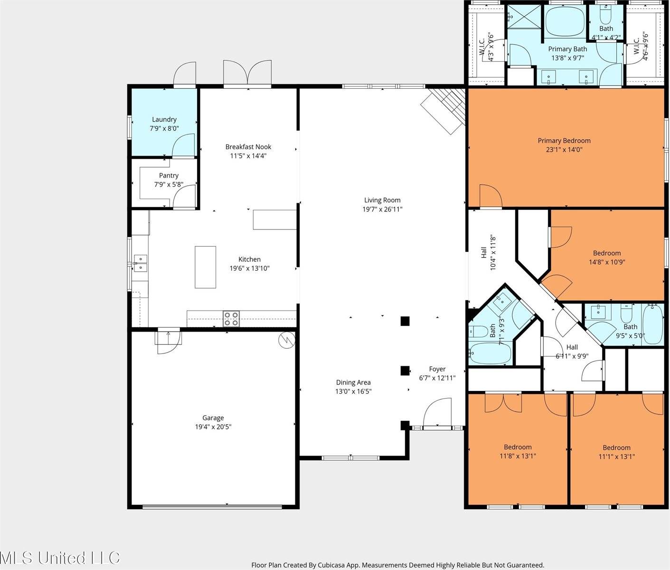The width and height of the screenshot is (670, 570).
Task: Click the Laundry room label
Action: point(164,119)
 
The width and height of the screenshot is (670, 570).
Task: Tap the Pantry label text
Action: point(169,175)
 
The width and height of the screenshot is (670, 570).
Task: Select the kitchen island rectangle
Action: point(205,267)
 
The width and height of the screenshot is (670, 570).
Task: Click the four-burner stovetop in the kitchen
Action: point(231,319)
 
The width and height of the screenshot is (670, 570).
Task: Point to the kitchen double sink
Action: point(141,263)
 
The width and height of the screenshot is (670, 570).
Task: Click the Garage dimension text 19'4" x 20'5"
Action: point(213,427)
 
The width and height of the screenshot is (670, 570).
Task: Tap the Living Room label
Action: point(382,200)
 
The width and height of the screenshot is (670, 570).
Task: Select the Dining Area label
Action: point(353,382)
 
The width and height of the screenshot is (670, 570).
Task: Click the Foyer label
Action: point(437,369)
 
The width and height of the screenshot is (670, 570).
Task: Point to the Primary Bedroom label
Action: point(564,141)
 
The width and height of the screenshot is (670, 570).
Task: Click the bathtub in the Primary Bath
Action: point(565,22)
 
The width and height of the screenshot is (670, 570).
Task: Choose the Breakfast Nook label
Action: point(248,147)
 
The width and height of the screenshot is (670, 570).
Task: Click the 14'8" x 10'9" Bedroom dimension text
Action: point(607,262)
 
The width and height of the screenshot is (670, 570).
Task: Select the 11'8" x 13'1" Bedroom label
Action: point(518,447)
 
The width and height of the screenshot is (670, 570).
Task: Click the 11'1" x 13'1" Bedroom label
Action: point(616,448)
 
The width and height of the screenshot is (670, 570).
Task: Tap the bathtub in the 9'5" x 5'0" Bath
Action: point(653,324)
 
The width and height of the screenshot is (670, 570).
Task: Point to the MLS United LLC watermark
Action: point(60,558)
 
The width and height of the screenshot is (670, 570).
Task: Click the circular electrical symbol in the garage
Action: point(287,340)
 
